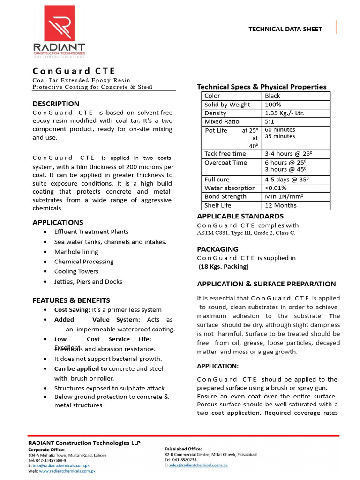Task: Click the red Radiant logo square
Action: click(x=59, y=23)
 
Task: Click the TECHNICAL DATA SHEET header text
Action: click(x=285, y=29)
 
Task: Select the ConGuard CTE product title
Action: click(x=74, y=71)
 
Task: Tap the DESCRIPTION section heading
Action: click(x=56, y=104)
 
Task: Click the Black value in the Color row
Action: click(x=272, y=96)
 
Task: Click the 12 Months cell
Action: click(x=280, y=205)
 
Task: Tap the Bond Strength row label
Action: click(x=225, y=196)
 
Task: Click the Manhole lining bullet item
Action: click(x=76, y=252)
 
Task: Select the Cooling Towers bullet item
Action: click(x=76, y=271)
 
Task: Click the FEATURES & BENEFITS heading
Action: click(x=71, y=300)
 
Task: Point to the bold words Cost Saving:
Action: click(x=72, y=310)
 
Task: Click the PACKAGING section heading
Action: click(x=217, y=249)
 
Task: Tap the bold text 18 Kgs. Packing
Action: click(x=224, y=267)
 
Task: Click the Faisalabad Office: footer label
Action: click(x=183, y=449)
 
